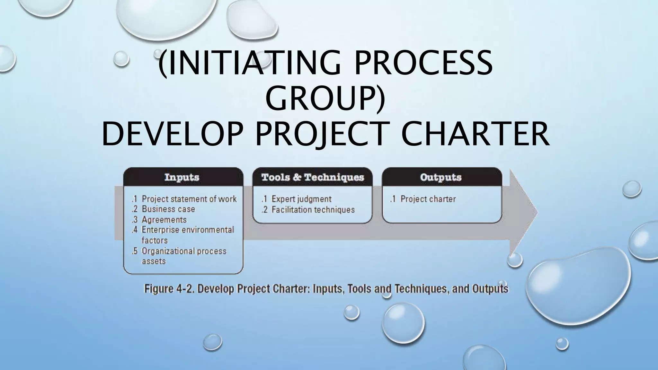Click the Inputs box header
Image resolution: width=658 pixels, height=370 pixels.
point(182,177)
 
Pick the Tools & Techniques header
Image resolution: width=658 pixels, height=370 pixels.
point(313,177)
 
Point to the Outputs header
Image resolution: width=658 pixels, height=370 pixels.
point(440,177)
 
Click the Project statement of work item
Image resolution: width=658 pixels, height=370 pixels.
point(189,199)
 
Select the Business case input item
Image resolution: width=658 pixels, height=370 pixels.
point(168,209)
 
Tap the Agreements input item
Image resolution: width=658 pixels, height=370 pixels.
point(164,220)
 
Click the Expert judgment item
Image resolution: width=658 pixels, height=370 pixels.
point(301,199)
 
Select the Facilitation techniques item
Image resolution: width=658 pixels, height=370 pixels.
point(313,210)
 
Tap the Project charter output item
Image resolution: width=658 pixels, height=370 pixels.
point(428,199)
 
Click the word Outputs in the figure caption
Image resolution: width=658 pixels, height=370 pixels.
point(490,289)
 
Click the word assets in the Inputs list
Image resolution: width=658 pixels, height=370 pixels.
point(154,261)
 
